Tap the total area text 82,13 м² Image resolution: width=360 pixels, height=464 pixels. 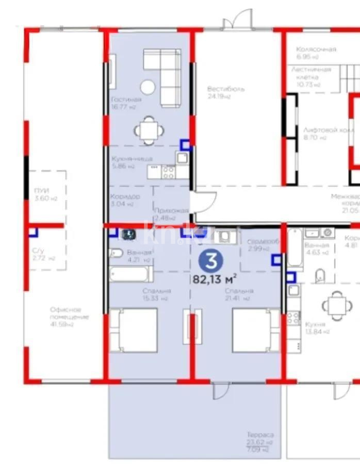[215, 279]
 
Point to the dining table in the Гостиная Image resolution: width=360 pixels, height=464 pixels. [148, 129]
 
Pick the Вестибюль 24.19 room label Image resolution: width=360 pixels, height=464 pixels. [226, 92]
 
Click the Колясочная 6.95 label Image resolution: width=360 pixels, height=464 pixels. [316, 53]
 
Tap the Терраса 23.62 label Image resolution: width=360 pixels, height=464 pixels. [260, 438]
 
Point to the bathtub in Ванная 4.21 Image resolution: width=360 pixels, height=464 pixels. [130, 274]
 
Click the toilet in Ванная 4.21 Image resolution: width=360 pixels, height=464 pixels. [116, 253]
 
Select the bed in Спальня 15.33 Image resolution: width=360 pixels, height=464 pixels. [134, 330]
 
